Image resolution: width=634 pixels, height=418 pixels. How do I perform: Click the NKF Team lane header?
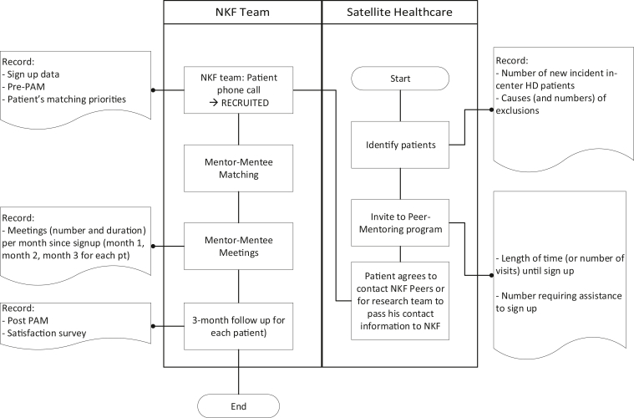[241, 13]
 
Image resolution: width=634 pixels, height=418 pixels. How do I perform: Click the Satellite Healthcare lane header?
[399, 13]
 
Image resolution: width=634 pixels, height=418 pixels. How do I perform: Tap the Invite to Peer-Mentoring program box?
[399, 222]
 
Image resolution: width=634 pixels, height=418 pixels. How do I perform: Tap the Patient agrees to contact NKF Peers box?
[399, 302]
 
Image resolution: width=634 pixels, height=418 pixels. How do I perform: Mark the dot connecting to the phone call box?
[153, 89]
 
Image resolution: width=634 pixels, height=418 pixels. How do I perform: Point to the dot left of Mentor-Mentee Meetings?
[153, 247]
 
